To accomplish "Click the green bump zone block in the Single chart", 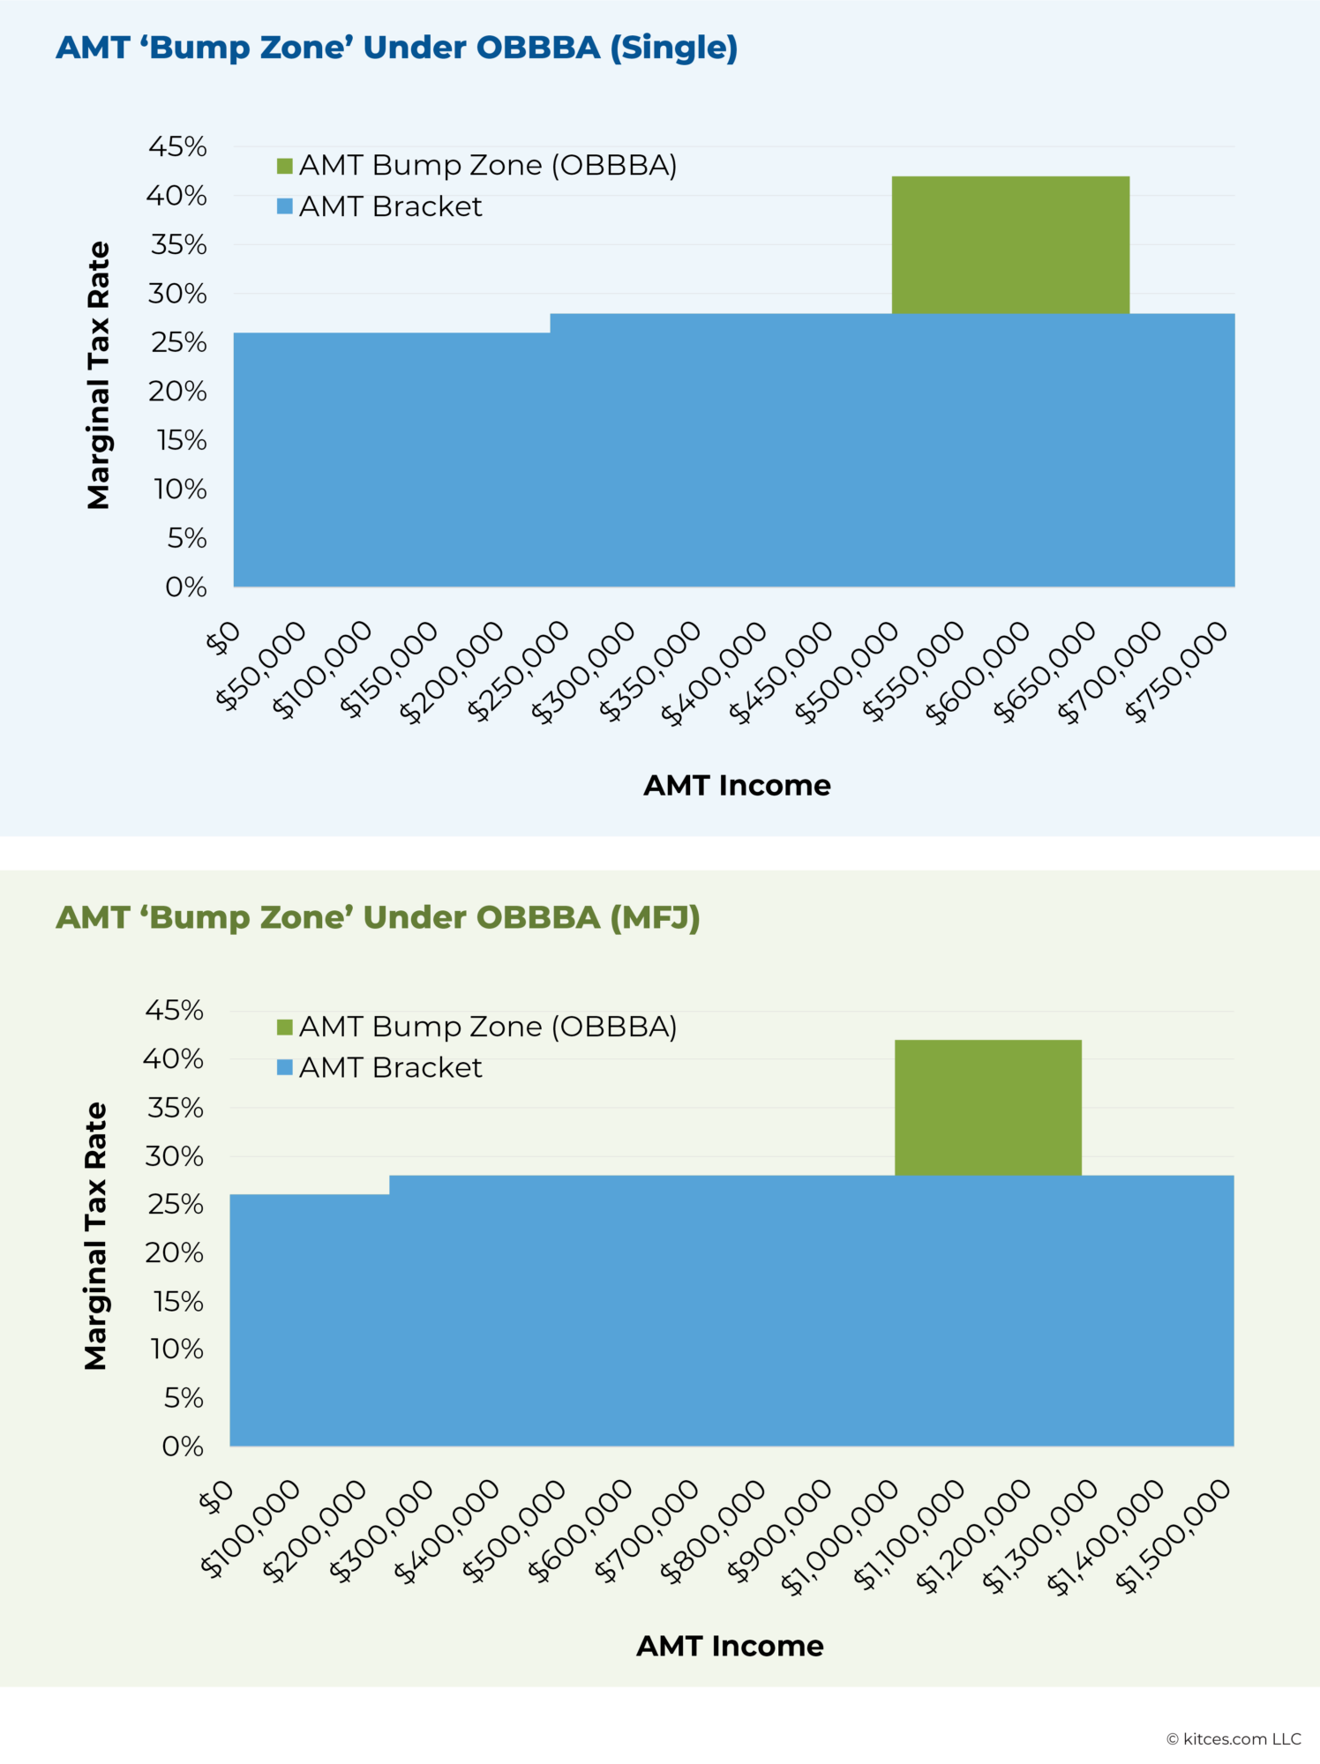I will (x=1010, y=245).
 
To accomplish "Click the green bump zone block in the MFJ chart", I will (x=988, y=1108).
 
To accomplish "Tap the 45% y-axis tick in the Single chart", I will (x=178, y=146).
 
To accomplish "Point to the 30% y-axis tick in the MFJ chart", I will (x=175, y=1156).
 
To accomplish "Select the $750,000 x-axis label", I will (x=1177, y=671).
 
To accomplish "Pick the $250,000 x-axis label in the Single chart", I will (x=519, y=671).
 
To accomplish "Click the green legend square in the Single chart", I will (x=285, y=166).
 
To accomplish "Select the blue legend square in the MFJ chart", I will (x=285, y=1068).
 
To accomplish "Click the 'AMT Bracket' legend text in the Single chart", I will (x=390, y=206).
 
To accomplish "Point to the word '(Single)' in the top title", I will (x=674, y=48).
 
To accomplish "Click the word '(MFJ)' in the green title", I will (x=655, y=918).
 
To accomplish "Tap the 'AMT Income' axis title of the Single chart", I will (x=737, y=785).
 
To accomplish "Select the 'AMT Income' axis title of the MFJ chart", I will (x=730, y=1646).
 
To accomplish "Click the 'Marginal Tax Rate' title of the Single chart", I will (x=98, y=375).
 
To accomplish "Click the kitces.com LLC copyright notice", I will (x=1234, y=1739).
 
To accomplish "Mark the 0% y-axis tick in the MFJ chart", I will (x=183, y=1446).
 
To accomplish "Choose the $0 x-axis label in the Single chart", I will (x=222, y=639).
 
